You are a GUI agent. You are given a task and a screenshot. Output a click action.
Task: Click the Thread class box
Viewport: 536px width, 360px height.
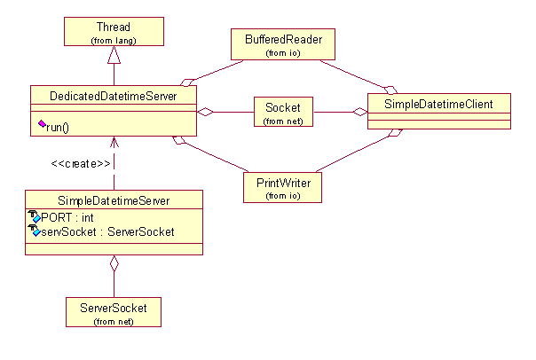113,34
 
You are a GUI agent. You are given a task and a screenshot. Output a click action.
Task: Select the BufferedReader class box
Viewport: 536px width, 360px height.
277,44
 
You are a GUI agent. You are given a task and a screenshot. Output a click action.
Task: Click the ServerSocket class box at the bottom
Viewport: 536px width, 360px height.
114,312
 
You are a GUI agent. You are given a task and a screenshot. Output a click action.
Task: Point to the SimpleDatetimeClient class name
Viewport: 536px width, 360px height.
439,105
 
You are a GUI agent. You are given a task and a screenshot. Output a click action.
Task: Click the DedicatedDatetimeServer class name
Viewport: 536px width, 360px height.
113,94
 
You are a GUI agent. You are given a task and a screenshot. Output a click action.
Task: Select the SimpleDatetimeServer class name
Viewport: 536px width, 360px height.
114,201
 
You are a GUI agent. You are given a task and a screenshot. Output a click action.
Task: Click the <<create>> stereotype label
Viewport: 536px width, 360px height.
81,164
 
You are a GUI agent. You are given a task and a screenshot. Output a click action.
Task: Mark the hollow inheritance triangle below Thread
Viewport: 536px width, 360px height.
113,56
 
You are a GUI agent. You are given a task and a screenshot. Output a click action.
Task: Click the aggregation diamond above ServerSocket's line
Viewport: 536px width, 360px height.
114,263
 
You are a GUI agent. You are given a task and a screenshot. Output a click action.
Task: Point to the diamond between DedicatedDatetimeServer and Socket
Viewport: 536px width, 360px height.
206,112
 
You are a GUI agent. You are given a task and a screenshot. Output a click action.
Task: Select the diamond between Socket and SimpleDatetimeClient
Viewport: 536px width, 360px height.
359,112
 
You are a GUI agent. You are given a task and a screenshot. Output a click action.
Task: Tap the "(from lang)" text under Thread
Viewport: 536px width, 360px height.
113,41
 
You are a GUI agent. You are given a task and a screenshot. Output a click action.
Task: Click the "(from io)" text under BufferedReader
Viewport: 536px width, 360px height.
277,53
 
